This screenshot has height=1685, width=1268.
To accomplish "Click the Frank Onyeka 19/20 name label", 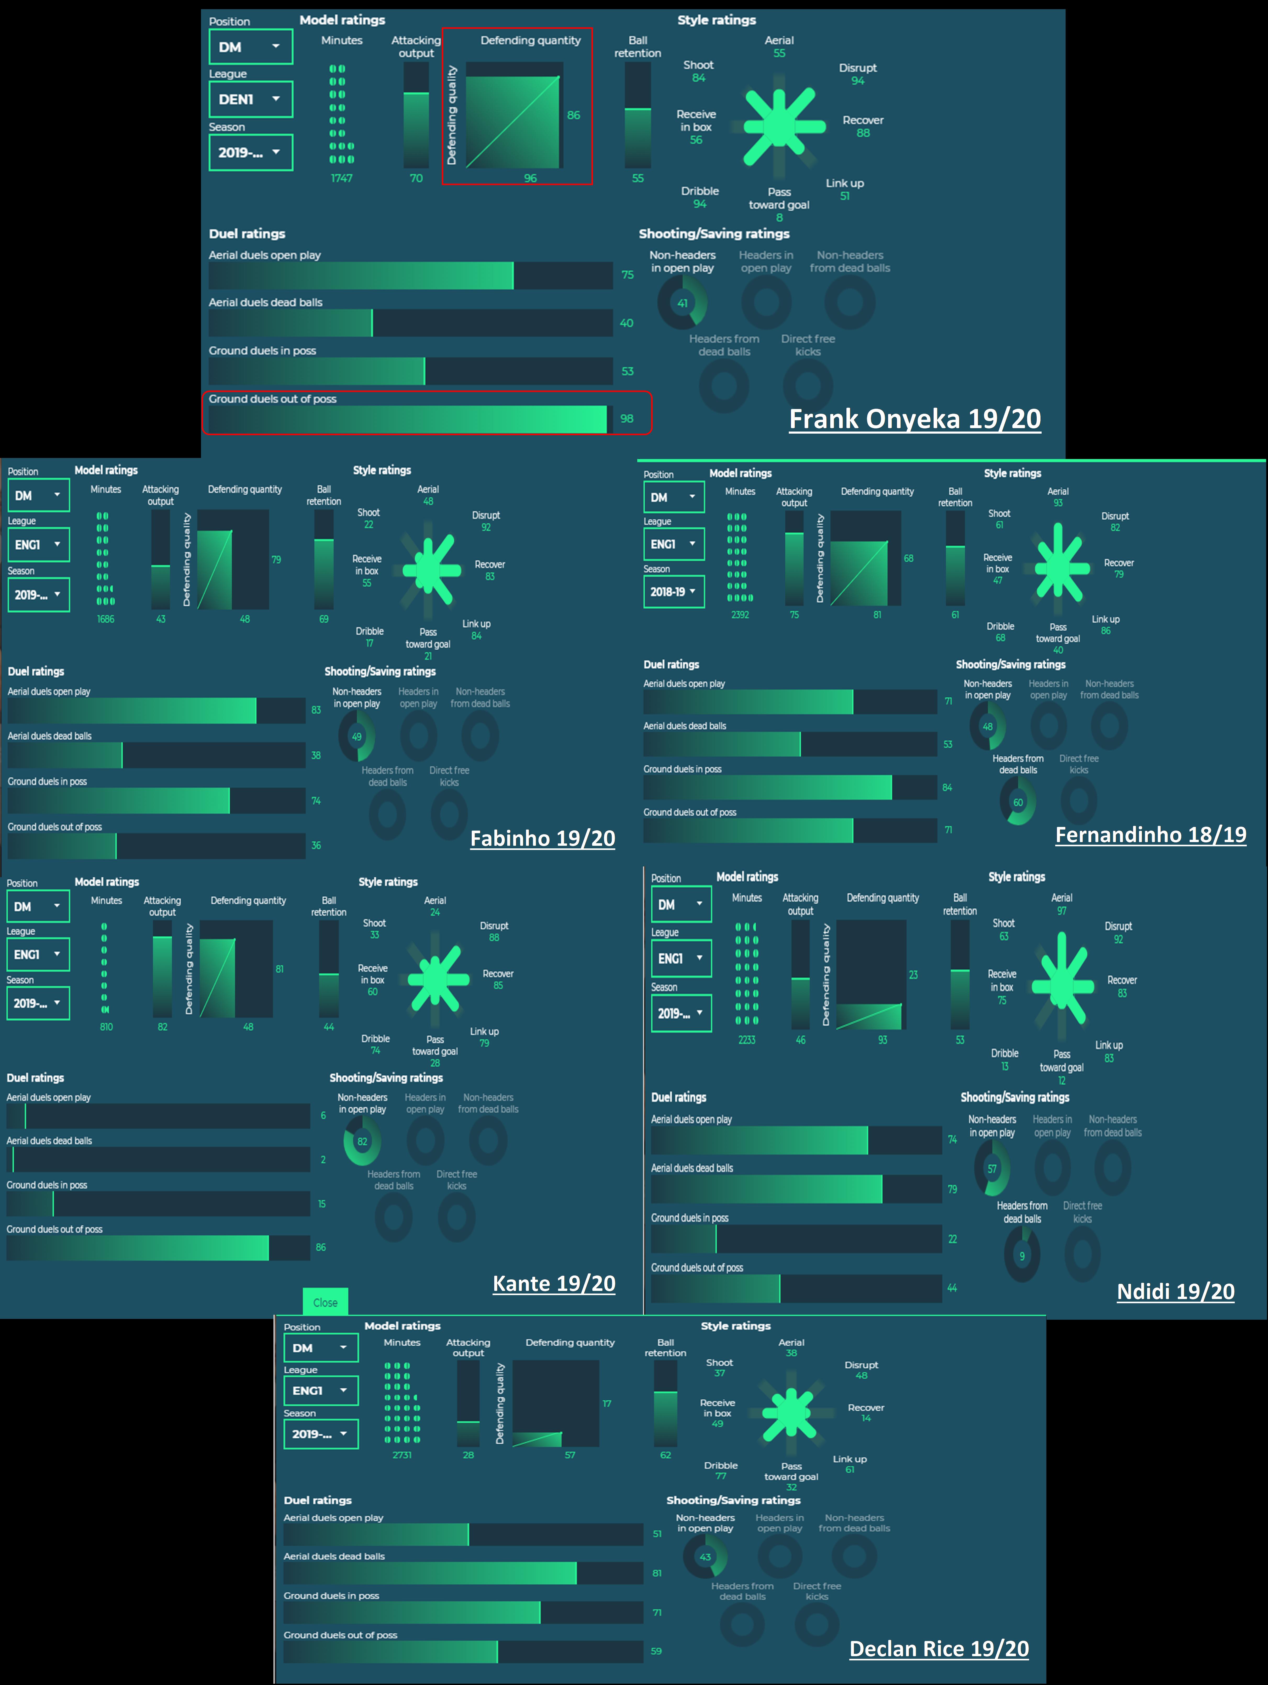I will coord(915,419).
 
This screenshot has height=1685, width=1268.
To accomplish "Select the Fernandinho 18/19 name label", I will coord(1150,835).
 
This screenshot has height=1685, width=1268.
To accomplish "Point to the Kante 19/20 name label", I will coord(554,1284).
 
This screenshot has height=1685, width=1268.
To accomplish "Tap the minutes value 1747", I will coord(341,178).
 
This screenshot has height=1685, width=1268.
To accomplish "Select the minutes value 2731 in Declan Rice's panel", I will coord(402,1455).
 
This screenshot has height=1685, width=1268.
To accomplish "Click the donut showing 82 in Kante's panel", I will coord(362,1141).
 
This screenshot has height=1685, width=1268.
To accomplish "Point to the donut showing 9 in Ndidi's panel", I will coord(1022,1256).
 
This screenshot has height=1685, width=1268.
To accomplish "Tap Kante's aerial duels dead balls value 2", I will coord(323,1159).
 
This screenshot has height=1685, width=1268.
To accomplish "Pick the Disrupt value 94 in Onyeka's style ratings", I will coord(858,81).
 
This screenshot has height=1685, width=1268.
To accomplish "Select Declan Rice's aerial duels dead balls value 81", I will coord(656,1573).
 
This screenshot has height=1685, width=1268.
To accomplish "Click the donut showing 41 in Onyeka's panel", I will coord(682,303).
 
